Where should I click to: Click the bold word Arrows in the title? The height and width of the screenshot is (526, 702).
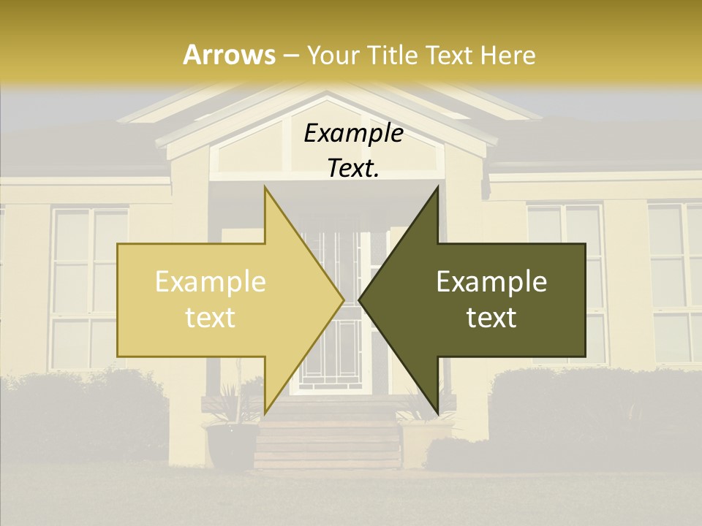click(x=229, y=55)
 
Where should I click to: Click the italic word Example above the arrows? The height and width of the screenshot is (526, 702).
click(x=353, y=134)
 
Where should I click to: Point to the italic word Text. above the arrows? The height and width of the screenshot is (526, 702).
click(x=353, y=168)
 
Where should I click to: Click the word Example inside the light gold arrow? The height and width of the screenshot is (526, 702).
click(x=211, y=282)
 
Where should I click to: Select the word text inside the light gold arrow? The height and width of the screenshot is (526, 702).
click(x=211, y=318)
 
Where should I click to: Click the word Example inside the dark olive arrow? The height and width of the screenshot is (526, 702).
click(x=491, y=282)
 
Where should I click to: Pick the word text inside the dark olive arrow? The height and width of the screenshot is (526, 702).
click(x=491, y=318)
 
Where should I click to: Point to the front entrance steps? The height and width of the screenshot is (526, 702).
click(x=328, y=438)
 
